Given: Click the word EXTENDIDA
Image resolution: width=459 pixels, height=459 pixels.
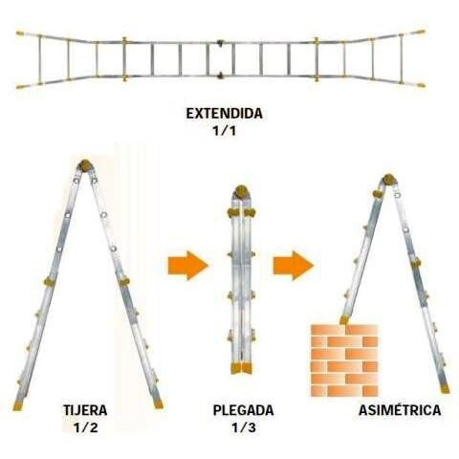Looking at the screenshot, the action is pos(224,114).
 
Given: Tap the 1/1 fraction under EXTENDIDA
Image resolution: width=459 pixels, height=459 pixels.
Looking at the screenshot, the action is pos(225,131).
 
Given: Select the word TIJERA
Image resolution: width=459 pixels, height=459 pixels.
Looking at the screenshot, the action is pos(85,410).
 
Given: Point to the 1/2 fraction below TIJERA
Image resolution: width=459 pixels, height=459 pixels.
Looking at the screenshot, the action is pos(85,427).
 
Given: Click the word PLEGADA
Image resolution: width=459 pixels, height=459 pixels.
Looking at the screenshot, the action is pos(243,410).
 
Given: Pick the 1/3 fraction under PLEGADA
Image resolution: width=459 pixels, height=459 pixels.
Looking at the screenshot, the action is pos(244,427).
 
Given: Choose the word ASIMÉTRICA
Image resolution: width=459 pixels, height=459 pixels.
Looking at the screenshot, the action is pos(400,410).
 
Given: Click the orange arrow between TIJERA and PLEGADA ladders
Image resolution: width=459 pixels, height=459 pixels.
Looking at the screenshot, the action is pos(188,265).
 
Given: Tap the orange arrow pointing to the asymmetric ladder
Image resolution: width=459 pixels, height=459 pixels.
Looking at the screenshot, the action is pos(294,265).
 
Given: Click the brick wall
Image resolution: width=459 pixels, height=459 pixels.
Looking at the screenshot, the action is pos(344,361).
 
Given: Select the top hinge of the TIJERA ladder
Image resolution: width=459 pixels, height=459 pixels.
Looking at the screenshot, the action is pos(85,165).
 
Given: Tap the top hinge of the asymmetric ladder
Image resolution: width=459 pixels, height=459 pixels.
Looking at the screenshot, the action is pos(389,180).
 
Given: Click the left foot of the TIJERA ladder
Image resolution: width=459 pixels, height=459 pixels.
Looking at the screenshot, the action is pos(17,406).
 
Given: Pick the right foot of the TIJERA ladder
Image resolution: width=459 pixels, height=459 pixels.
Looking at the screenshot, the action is pos(158,404).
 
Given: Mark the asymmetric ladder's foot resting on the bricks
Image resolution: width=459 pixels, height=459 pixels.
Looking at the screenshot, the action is pos(343,320).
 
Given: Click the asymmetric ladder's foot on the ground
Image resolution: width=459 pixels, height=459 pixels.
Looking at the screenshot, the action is pos(445,388).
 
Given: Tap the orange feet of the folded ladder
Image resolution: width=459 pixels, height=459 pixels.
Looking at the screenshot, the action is pos(241,368).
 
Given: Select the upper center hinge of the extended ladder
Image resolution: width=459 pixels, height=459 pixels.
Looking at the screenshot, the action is pos(220,42).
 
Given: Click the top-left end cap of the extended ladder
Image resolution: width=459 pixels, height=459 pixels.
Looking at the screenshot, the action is pos(20,33).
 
